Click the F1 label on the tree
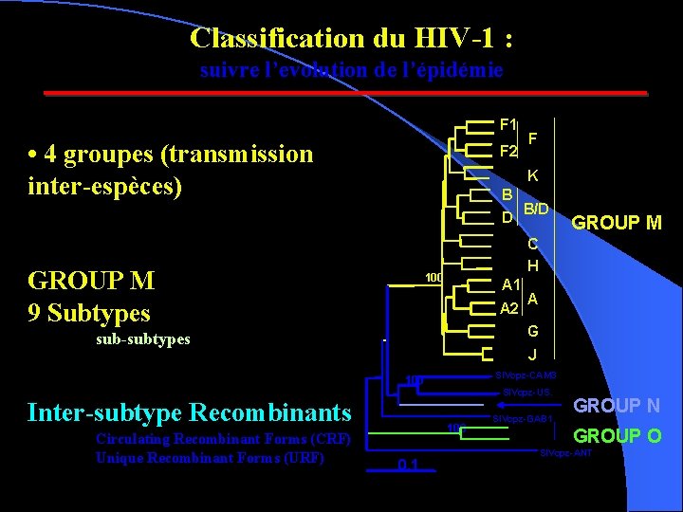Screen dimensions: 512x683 click(508, 124)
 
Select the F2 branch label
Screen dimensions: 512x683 click(508, 152)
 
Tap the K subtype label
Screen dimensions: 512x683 click(533, 175)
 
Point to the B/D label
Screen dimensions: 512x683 click(536, 208)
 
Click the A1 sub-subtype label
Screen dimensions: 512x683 click(510, 284)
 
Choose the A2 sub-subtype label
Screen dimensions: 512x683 click(509, 308)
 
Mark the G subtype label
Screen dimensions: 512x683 click(533, 331)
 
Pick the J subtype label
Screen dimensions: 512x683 click(533, 356)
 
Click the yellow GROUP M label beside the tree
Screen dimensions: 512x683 click(616, 223)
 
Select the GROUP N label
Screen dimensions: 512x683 click(617, 406)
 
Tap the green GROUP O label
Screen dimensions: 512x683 click(618, 436)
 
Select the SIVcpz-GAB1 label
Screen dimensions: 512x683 click(523, 419)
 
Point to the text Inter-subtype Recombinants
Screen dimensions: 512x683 click(190, 412)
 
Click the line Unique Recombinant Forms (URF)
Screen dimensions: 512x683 click(210, 457)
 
